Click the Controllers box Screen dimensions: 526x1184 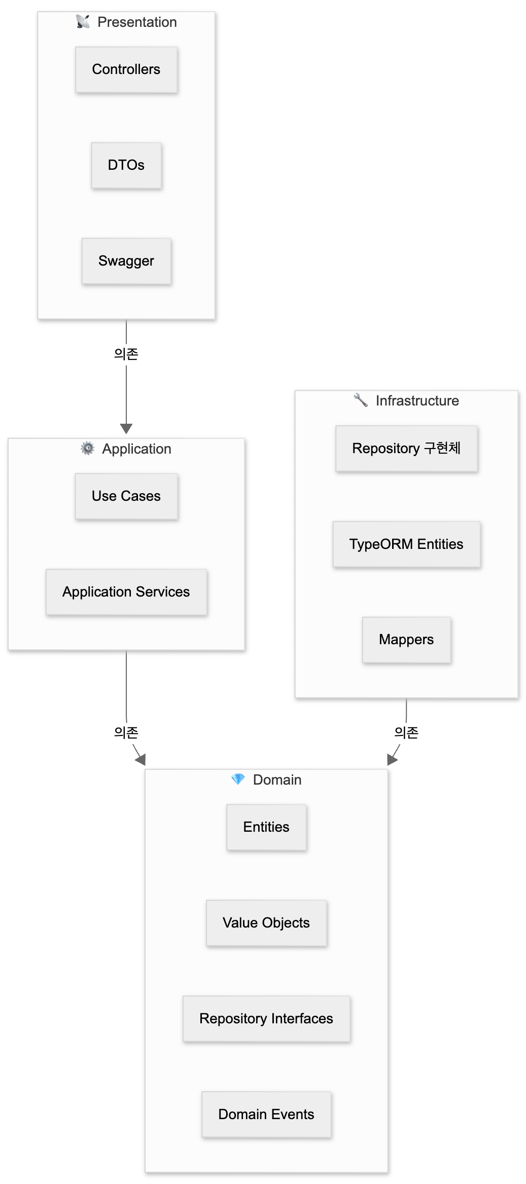tap(126, 69)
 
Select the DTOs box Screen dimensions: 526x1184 tap(126, 165)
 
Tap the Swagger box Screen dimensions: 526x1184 tap(126, 261)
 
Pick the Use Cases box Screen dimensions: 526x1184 tap(126, 496)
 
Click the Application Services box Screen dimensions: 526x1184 tap(126, 592)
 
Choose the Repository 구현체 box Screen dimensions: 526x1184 tap(406, 449)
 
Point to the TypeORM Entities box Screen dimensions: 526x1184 tap(406, 544)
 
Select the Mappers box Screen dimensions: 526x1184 tap(406, 640)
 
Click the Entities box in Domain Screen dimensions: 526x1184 tap(266, 827)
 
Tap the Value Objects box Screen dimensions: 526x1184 tap(266, 923)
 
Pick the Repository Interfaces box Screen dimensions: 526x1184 tap(266, 1019)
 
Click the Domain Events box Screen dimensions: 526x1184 tap(266, 1115)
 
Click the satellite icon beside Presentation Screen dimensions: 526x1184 tap(83, 22)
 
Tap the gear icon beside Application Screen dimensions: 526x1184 tap(88, 448)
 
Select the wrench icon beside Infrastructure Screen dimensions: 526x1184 tap(361, 400)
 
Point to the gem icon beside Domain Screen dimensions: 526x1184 tap(238, 779)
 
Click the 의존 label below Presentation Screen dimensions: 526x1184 tap(126, 354)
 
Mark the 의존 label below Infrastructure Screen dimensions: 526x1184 tap(406, 732)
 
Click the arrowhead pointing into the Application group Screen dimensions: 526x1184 tap(126, 429)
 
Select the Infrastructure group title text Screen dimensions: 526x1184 tap(417, 401)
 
